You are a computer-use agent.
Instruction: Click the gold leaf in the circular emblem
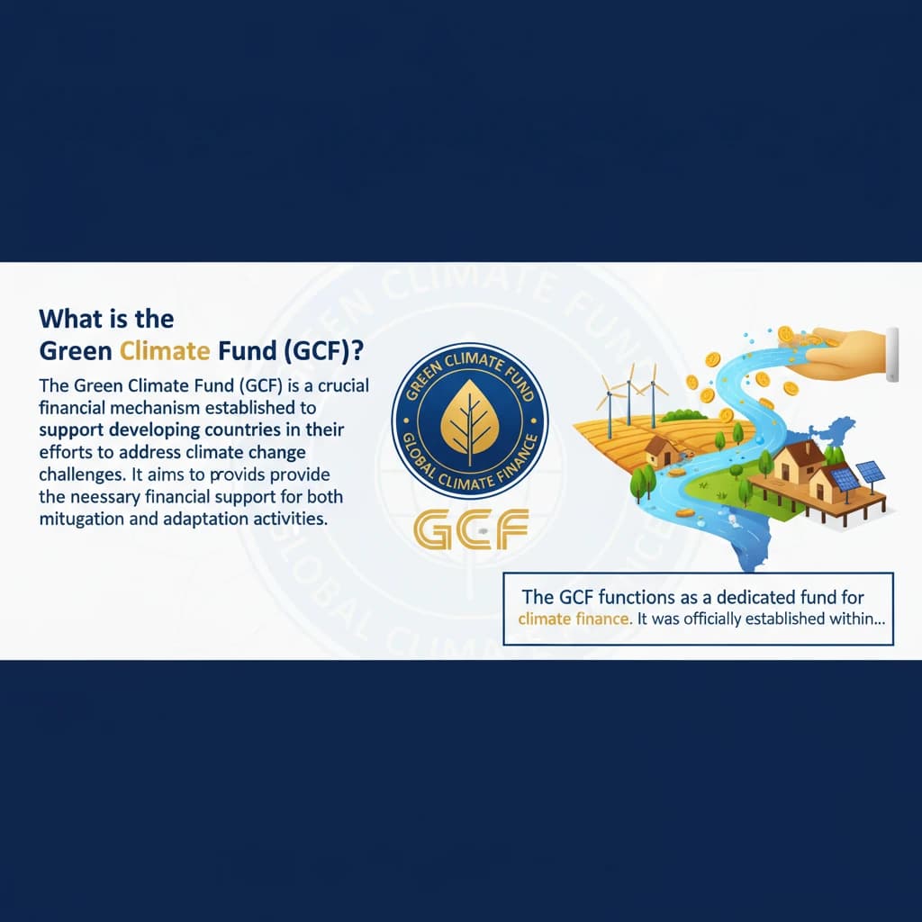[x=468, y=420]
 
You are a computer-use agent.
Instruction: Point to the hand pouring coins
[x=842, y=351]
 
